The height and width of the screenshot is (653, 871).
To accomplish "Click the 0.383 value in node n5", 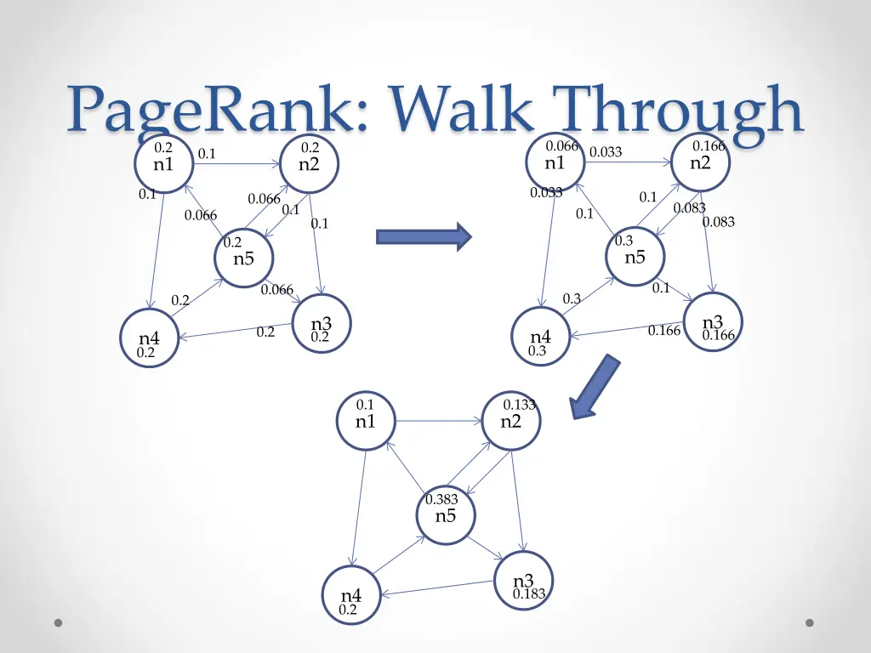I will (441, 499).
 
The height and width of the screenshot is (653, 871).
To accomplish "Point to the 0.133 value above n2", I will (520, 405).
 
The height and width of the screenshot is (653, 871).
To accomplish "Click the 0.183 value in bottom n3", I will (529, 594).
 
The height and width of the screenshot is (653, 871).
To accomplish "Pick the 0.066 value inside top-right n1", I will (562, 146).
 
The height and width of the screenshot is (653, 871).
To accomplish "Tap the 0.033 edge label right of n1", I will (606, 152).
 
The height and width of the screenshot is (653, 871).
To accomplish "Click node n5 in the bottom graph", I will (446, 514).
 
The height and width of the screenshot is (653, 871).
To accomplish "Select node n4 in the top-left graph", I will (149, 338).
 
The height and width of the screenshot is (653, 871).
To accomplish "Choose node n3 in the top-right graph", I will (713, 322).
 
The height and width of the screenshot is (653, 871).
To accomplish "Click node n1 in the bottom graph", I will (366, 420).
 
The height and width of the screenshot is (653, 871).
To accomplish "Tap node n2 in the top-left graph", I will (309, 162).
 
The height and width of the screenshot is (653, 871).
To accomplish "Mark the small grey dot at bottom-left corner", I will (58, 622).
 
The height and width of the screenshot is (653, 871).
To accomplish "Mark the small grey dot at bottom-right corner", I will (810, 622).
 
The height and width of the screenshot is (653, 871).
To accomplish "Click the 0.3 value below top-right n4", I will (537, 350).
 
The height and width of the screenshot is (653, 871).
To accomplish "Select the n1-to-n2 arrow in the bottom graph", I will (438, 420).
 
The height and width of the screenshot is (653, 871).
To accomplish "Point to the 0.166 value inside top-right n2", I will (709, 146).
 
